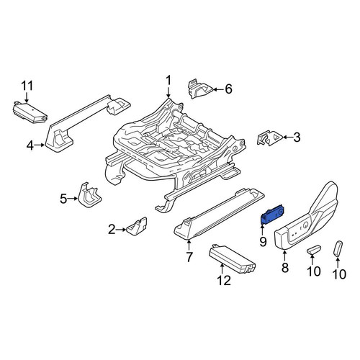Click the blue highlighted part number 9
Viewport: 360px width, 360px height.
[x=273, y=215]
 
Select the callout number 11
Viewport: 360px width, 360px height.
[x=27, y=86]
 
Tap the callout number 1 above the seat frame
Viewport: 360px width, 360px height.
[x=168, y=81]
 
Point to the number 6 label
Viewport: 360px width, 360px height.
[x=228, y=89]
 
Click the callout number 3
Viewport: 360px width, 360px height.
[x=297, y=138]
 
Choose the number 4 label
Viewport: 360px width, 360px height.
[x=30, y=145]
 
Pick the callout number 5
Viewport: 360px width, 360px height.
[x=63, y=199]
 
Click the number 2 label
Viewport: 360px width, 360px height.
[x=112, y=230]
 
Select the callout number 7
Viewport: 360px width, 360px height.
[x=189, y=258]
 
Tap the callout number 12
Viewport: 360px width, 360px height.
[x=224, y=280]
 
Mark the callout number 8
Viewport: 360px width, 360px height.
[x=285, y=268]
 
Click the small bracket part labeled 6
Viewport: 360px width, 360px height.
[x=200, y=89]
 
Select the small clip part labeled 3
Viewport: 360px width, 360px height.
[x=269, y=138]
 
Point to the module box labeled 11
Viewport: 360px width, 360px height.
[x=30, y=112]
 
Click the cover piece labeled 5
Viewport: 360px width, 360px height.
[x=89, y=195]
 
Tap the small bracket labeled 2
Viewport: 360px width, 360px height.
[x=137, y=226]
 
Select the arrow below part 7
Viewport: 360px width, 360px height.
[x=189, y=246]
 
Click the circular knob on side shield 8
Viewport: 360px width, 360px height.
[x=306, y=225]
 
